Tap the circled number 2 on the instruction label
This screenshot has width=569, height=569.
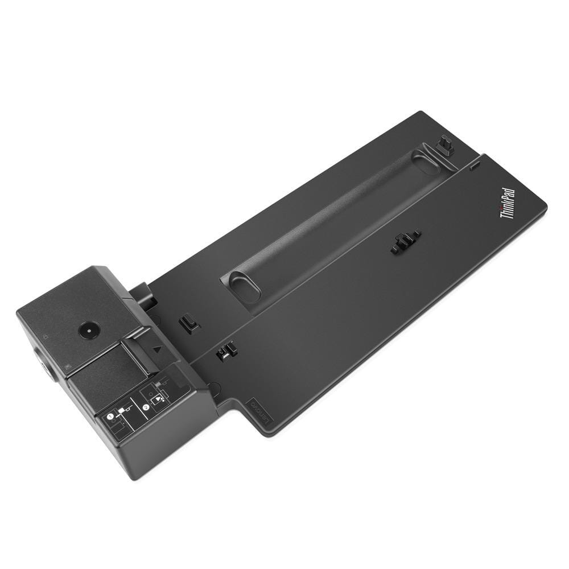146,407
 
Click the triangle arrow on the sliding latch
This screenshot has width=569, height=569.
158,351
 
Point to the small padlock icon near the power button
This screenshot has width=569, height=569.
47,336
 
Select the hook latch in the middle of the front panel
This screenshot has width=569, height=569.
405,241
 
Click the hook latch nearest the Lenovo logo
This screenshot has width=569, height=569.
226,351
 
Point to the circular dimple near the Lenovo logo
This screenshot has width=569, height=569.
213,389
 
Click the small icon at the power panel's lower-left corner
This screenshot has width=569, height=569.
68,368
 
